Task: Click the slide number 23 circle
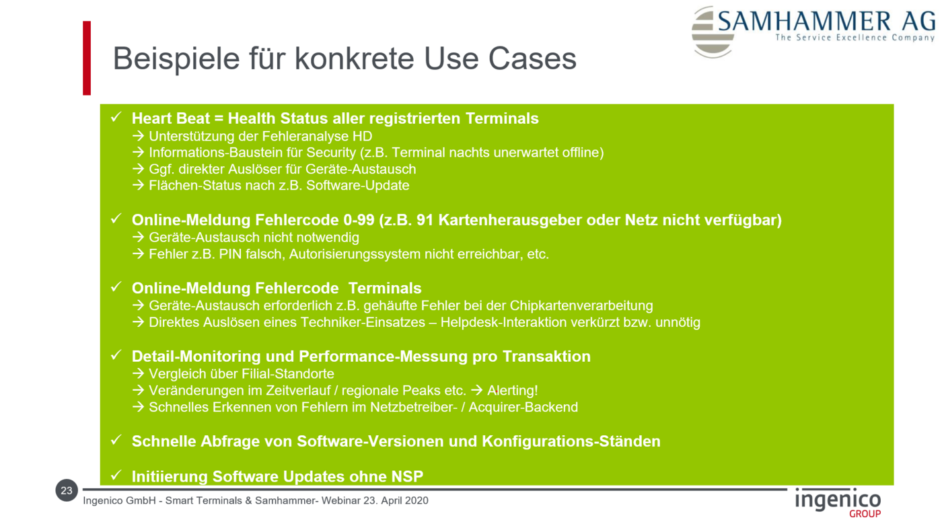(x=67, y=490)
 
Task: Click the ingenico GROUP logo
(x=838, y=503)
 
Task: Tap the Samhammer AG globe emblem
(x=712, y=32)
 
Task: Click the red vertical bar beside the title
(x=87, y=58)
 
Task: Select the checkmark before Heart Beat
(x=116, y=116)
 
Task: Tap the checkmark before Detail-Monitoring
(x=116, y=354)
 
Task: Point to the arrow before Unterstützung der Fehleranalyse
(x=139, y=136)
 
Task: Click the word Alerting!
(x=512, y=391)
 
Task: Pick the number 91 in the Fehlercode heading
(x=425, y=220)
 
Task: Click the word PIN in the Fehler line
(x=230, y=254)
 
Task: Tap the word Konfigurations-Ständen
(x=571, y=441)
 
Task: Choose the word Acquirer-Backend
(x=523, y=408)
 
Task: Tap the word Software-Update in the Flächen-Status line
(x=357, y=186)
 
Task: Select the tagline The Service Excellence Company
(x=855, y=38)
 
